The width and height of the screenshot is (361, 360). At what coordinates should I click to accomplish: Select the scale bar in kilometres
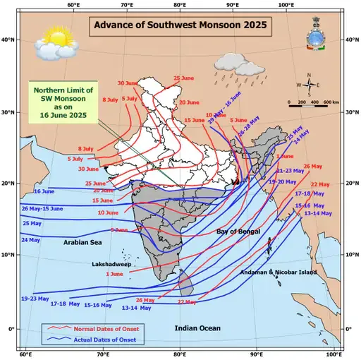tap(314, 102)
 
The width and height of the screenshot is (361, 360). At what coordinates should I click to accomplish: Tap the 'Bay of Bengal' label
tap(238, 232)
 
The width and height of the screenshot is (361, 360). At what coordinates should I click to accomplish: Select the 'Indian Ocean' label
tap(197, 328)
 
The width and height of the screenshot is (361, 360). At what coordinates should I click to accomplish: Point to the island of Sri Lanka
tap(185, 286)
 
